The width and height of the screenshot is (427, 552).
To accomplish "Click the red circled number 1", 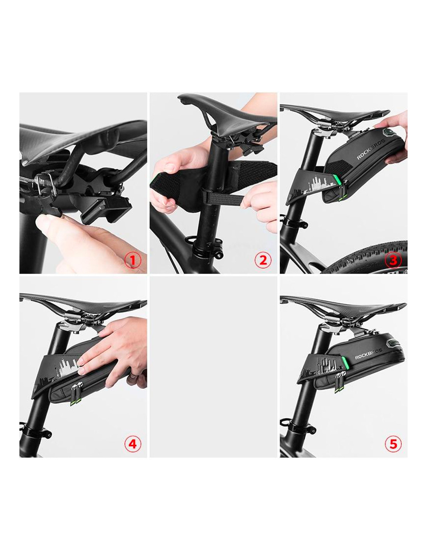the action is point(133,260).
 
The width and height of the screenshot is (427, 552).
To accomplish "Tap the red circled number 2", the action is point(263,260).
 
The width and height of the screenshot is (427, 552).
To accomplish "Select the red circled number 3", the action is point(393,260).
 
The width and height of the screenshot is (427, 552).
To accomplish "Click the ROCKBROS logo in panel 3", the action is point(371,153).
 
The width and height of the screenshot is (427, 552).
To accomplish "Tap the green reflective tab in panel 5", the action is point(345,362).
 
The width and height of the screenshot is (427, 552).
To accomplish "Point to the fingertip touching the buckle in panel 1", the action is point(45,223).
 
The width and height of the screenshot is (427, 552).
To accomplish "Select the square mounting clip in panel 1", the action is point(106,210).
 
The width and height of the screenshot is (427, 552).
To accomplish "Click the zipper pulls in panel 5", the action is point(340,383).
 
